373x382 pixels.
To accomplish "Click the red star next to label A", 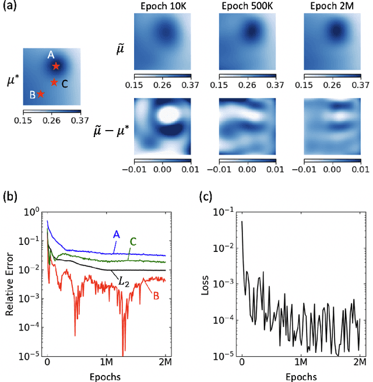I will tap(56, 66).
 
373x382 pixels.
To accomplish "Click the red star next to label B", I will tap(40, 93).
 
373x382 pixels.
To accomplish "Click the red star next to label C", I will tap(54, 82).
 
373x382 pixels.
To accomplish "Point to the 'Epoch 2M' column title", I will tap(331, 6).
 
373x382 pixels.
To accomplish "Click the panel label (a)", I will tap(10, 7).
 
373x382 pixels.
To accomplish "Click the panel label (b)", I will tap(10, 197).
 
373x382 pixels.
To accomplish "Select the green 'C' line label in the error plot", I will tap(132, 240).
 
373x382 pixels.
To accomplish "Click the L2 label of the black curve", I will tap(124, 282).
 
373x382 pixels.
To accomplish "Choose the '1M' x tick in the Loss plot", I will tap(301, 362).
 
